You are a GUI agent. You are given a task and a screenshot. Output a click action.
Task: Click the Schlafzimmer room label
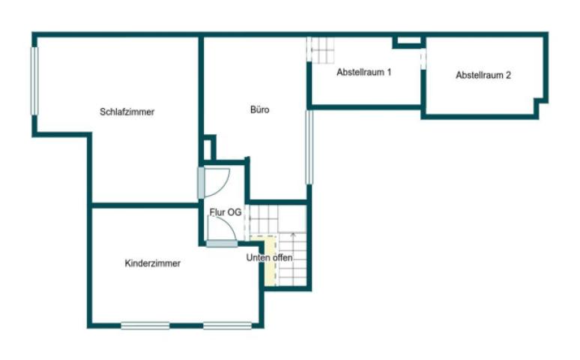click(127, 112)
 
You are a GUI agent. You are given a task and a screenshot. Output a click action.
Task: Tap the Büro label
click(259, 110)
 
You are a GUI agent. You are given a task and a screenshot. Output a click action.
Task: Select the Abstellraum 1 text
click(364, 73)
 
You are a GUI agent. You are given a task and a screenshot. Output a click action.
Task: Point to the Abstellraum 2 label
click(483, 75)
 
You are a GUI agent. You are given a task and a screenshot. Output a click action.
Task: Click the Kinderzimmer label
click(152, 263)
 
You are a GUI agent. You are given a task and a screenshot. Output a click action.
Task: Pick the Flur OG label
click(225, 213)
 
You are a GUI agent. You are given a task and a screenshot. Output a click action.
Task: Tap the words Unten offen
click(269, 258)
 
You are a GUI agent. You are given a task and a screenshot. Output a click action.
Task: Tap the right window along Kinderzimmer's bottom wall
click(227, 325)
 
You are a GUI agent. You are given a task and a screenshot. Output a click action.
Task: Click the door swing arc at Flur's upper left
click(218, 180)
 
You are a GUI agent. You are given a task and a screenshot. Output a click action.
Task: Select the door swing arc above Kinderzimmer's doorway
click(224, 229)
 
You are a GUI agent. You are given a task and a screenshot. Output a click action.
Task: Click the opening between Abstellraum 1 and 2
click(423, 58)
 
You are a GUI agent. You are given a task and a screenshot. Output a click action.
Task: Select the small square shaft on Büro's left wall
click(209, 148)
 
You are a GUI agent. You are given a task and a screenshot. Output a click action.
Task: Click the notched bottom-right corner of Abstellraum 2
click(539, 109)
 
